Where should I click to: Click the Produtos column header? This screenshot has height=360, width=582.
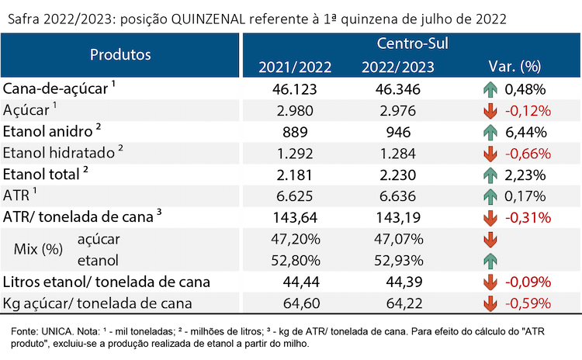(x=120, y=54)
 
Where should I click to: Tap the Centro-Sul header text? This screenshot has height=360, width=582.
(x=412, y=43)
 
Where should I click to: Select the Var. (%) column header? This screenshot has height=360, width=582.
(x=514, y=67)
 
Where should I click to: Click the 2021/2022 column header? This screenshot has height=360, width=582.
(x=295, y=67)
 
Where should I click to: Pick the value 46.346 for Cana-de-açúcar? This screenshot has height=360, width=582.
(x=398, y=89)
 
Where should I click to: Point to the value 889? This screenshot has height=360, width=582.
(x=295, y=132)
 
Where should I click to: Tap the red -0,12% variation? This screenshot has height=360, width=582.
(x=528, y=111)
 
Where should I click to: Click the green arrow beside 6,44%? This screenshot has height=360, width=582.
(x=490, y=133)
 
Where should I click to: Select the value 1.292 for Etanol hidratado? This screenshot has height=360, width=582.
(x=295, y=154)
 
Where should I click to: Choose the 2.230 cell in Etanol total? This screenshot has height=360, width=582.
(x=398, y=175)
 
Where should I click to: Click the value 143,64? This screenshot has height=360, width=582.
(x=295, y=218)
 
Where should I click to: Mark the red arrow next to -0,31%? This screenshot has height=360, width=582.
(x=490, y=218)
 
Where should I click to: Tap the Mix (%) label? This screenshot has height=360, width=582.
(x=38, y=249)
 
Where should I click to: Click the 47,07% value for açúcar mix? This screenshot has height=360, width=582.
(x=398, y=240)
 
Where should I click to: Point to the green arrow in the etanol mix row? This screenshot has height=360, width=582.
(x=490, y=261)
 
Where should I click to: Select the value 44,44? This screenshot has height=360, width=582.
(x=301, y=282)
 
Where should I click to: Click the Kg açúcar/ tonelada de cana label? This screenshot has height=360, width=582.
(x=97, y=303)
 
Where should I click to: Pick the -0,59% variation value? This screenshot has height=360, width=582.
(x=528, y=303)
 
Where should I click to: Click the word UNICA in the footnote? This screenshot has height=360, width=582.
(x=57, y=331)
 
